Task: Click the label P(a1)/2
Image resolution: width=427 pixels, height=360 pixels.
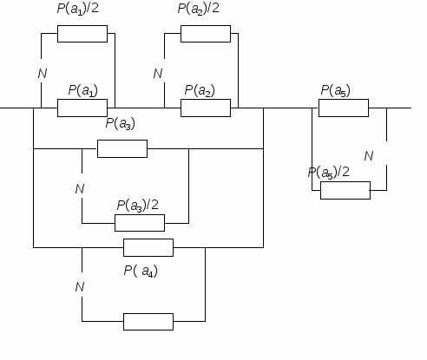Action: [78, 9]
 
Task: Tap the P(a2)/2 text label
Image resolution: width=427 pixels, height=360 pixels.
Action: [199, 9]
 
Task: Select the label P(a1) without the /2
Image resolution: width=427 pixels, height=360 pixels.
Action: [83, 90]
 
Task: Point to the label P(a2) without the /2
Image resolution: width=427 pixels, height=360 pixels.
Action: [200, 90]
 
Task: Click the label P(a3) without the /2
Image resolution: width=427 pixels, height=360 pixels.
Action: [121, 123]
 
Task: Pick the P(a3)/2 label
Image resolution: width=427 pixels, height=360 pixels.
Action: [138, 206]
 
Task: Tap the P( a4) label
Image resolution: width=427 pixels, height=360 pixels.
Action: [141, 272]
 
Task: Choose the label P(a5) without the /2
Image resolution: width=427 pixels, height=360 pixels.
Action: [336, 90]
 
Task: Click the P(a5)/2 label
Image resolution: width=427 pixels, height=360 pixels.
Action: [329, 173]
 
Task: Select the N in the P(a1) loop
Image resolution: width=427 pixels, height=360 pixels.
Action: [43, 74]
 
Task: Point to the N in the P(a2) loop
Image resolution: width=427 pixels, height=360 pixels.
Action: [158, 74]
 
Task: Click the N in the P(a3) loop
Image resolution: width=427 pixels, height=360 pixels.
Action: [80, 189]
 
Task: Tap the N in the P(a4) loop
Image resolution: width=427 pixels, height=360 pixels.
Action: [80, 287]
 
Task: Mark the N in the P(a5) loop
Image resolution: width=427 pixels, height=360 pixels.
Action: [369, 156]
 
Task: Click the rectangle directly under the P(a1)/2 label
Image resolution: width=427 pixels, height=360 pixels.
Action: [82, 34]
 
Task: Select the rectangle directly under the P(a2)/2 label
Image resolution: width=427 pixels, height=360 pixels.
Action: [206, 34]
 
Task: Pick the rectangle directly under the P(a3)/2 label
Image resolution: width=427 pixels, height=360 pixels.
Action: [140, 223]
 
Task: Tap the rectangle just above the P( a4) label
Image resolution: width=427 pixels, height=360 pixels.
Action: [148, 247]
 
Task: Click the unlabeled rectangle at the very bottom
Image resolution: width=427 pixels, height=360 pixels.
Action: [148, 322]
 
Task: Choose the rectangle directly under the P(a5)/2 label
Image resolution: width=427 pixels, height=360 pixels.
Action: [345, 190]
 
